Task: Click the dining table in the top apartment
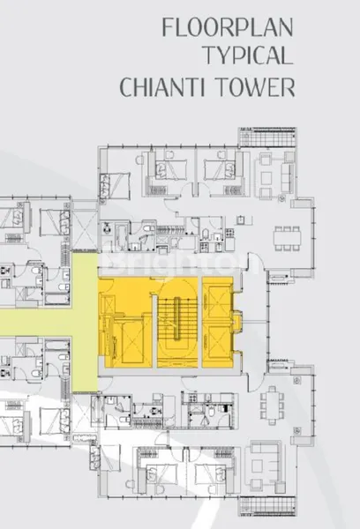tap(288, 236)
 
